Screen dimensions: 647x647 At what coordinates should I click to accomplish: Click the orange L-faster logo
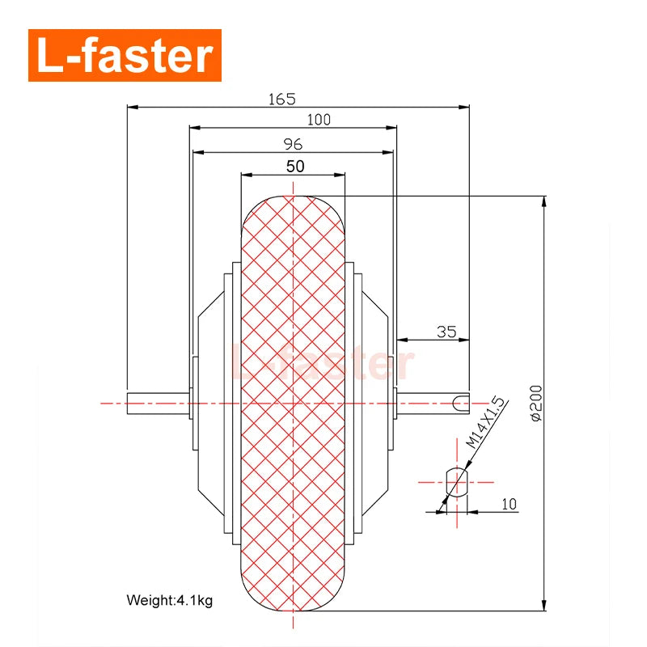[x=125, y=55]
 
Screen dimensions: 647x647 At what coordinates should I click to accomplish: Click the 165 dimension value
[x=281, y=99]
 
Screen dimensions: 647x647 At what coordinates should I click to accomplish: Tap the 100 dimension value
[x=319, y=120]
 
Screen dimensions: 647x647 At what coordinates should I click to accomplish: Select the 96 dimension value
[x=293, y=144]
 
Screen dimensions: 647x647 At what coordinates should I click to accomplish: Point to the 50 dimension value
[x=295, y=167]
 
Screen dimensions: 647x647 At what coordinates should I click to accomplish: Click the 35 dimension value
[x=446, y=332]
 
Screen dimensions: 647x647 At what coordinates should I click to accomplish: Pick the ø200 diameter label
[x=536, y=403]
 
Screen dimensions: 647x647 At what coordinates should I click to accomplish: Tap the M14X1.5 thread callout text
[x=485, y=422]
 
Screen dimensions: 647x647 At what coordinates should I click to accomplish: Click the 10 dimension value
[x=510, y=504]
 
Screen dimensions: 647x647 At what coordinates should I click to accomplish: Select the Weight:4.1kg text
[x=170, y=600]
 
